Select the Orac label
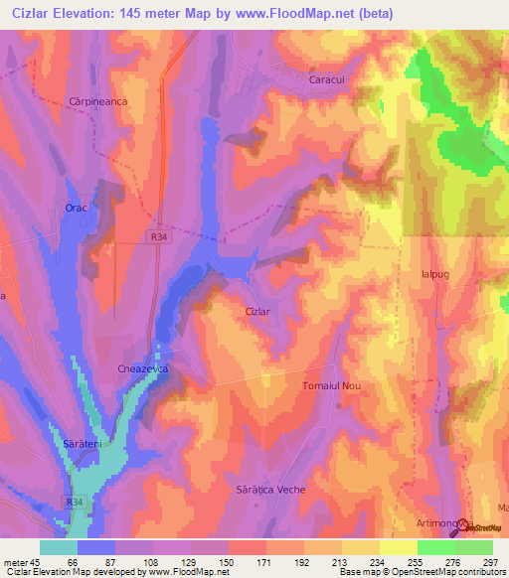pyautogui.click(x=77, y=208)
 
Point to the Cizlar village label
pyautogui.click(x=258, y=311)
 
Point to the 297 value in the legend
pyautogui.click(x=490, y=561)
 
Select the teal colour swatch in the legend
pyautogui.click(x=58, y=547)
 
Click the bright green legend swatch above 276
pyautogui.click(x=435, y=547)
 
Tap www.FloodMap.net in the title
pyautogui.click(x=306, y=14)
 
